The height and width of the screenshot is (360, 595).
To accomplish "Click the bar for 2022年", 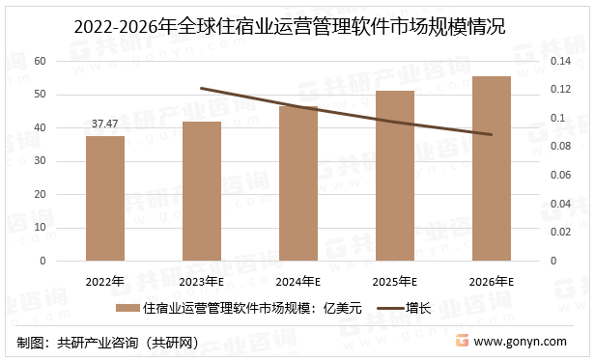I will coord(104,198).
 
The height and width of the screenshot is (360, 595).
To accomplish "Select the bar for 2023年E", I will coord(201,191).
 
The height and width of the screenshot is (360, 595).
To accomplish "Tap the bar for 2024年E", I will coord(297,183).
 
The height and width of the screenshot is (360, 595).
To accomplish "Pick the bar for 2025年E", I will coord(394,176).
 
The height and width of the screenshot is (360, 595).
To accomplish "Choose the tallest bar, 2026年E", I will coord(491,168).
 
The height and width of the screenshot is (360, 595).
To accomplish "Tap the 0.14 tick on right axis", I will coord(561,61).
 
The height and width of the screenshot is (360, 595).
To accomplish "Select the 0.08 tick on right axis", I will coord(561,147).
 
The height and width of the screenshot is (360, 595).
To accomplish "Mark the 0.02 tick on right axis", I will coord(561,232).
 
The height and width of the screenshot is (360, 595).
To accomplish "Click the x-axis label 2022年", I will coord(105,282).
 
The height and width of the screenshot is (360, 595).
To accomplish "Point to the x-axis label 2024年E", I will coord(297,282).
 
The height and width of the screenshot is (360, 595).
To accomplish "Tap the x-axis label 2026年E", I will coord(491,282).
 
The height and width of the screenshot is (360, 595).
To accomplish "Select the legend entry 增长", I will coord(418,309).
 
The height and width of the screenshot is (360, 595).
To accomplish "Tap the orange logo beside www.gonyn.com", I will coord(462,342).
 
